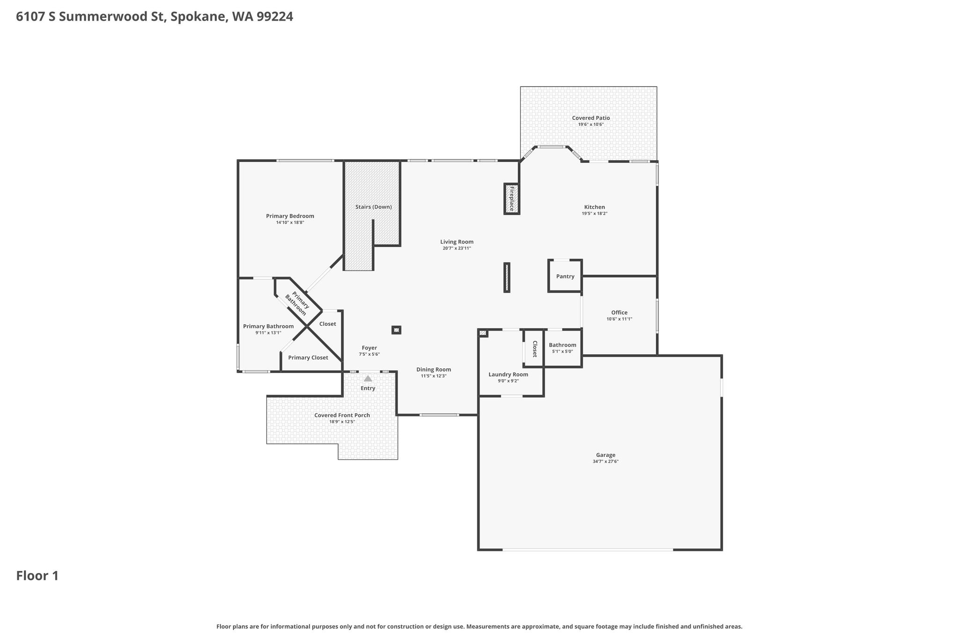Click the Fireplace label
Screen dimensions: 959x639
click(512, 198)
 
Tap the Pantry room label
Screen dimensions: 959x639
click(565, 276)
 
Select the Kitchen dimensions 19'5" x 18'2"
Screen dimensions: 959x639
click(595, 213)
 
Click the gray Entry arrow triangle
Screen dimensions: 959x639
click(368, 378)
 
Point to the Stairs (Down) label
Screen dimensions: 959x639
click(374, 207)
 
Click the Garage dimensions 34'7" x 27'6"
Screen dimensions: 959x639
click(605, 461)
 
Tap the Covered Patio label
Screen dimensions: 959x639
click(591, 118)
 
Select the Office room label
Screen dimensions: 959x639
click(620, 313)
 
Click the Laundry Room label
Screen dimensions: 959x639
click(509, 375)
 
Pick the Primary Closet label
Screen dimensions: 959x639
click(308, 358)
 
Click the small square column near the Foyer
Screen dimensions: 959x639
click(396, 330)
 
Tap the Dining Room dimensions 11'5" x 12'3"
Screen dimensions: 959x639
click(434, 376)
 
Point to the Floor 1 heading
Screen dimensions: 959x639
click(37, 576)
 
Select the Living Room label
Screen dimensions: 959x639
click(457, 242)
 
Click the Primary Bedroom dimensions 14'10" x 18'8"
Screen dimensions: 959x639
click(290, 222)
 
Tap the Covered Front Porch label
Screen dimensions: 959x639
click(342, 415)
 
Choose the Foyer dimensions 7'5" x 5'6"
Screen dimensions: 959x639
click(369, 354)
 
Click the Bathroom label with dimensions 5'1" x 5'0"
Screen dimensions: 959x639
click(563, 345)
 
